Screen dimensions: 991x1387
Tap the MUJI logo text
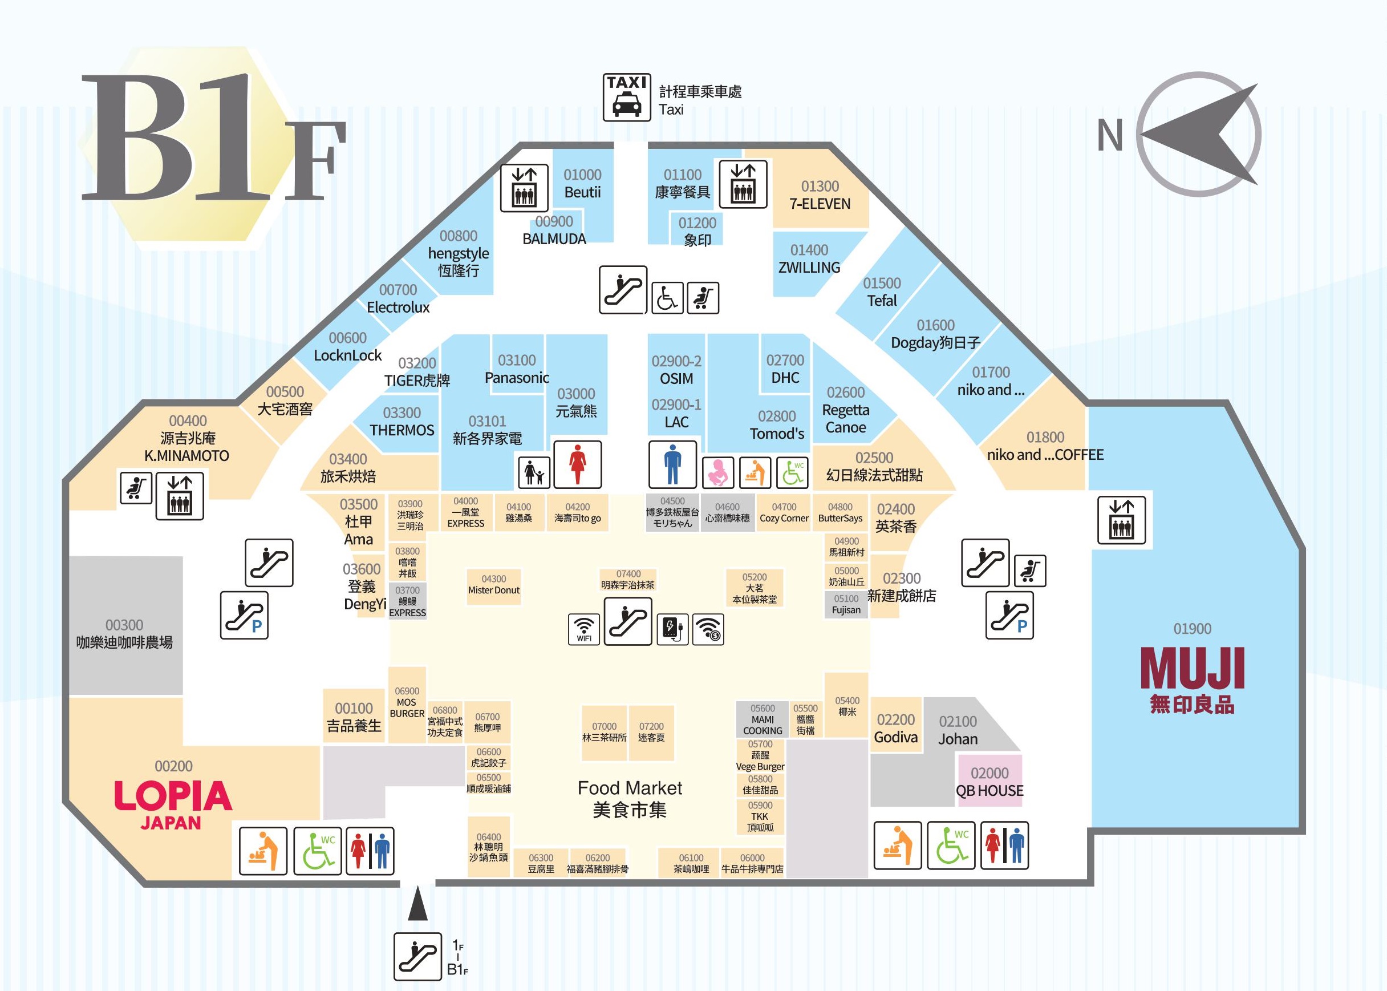(1192, 669)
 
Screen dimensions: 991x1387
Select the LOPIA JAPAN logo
(173, 804)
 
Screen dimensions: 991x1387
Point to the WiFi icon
(583, 629)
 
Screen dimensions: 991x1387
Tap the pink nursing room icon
(718, 472)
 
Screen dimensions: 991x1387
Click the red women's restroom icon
(577, 464)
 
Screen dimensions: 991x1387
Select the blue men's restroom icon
(672, 464)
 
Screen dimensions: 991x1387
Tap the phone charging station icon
(673, 629)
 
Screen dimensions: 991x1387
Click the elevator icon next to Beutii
(524, 187)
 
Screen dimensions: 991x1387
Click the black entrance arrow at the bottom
(418, 904)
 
